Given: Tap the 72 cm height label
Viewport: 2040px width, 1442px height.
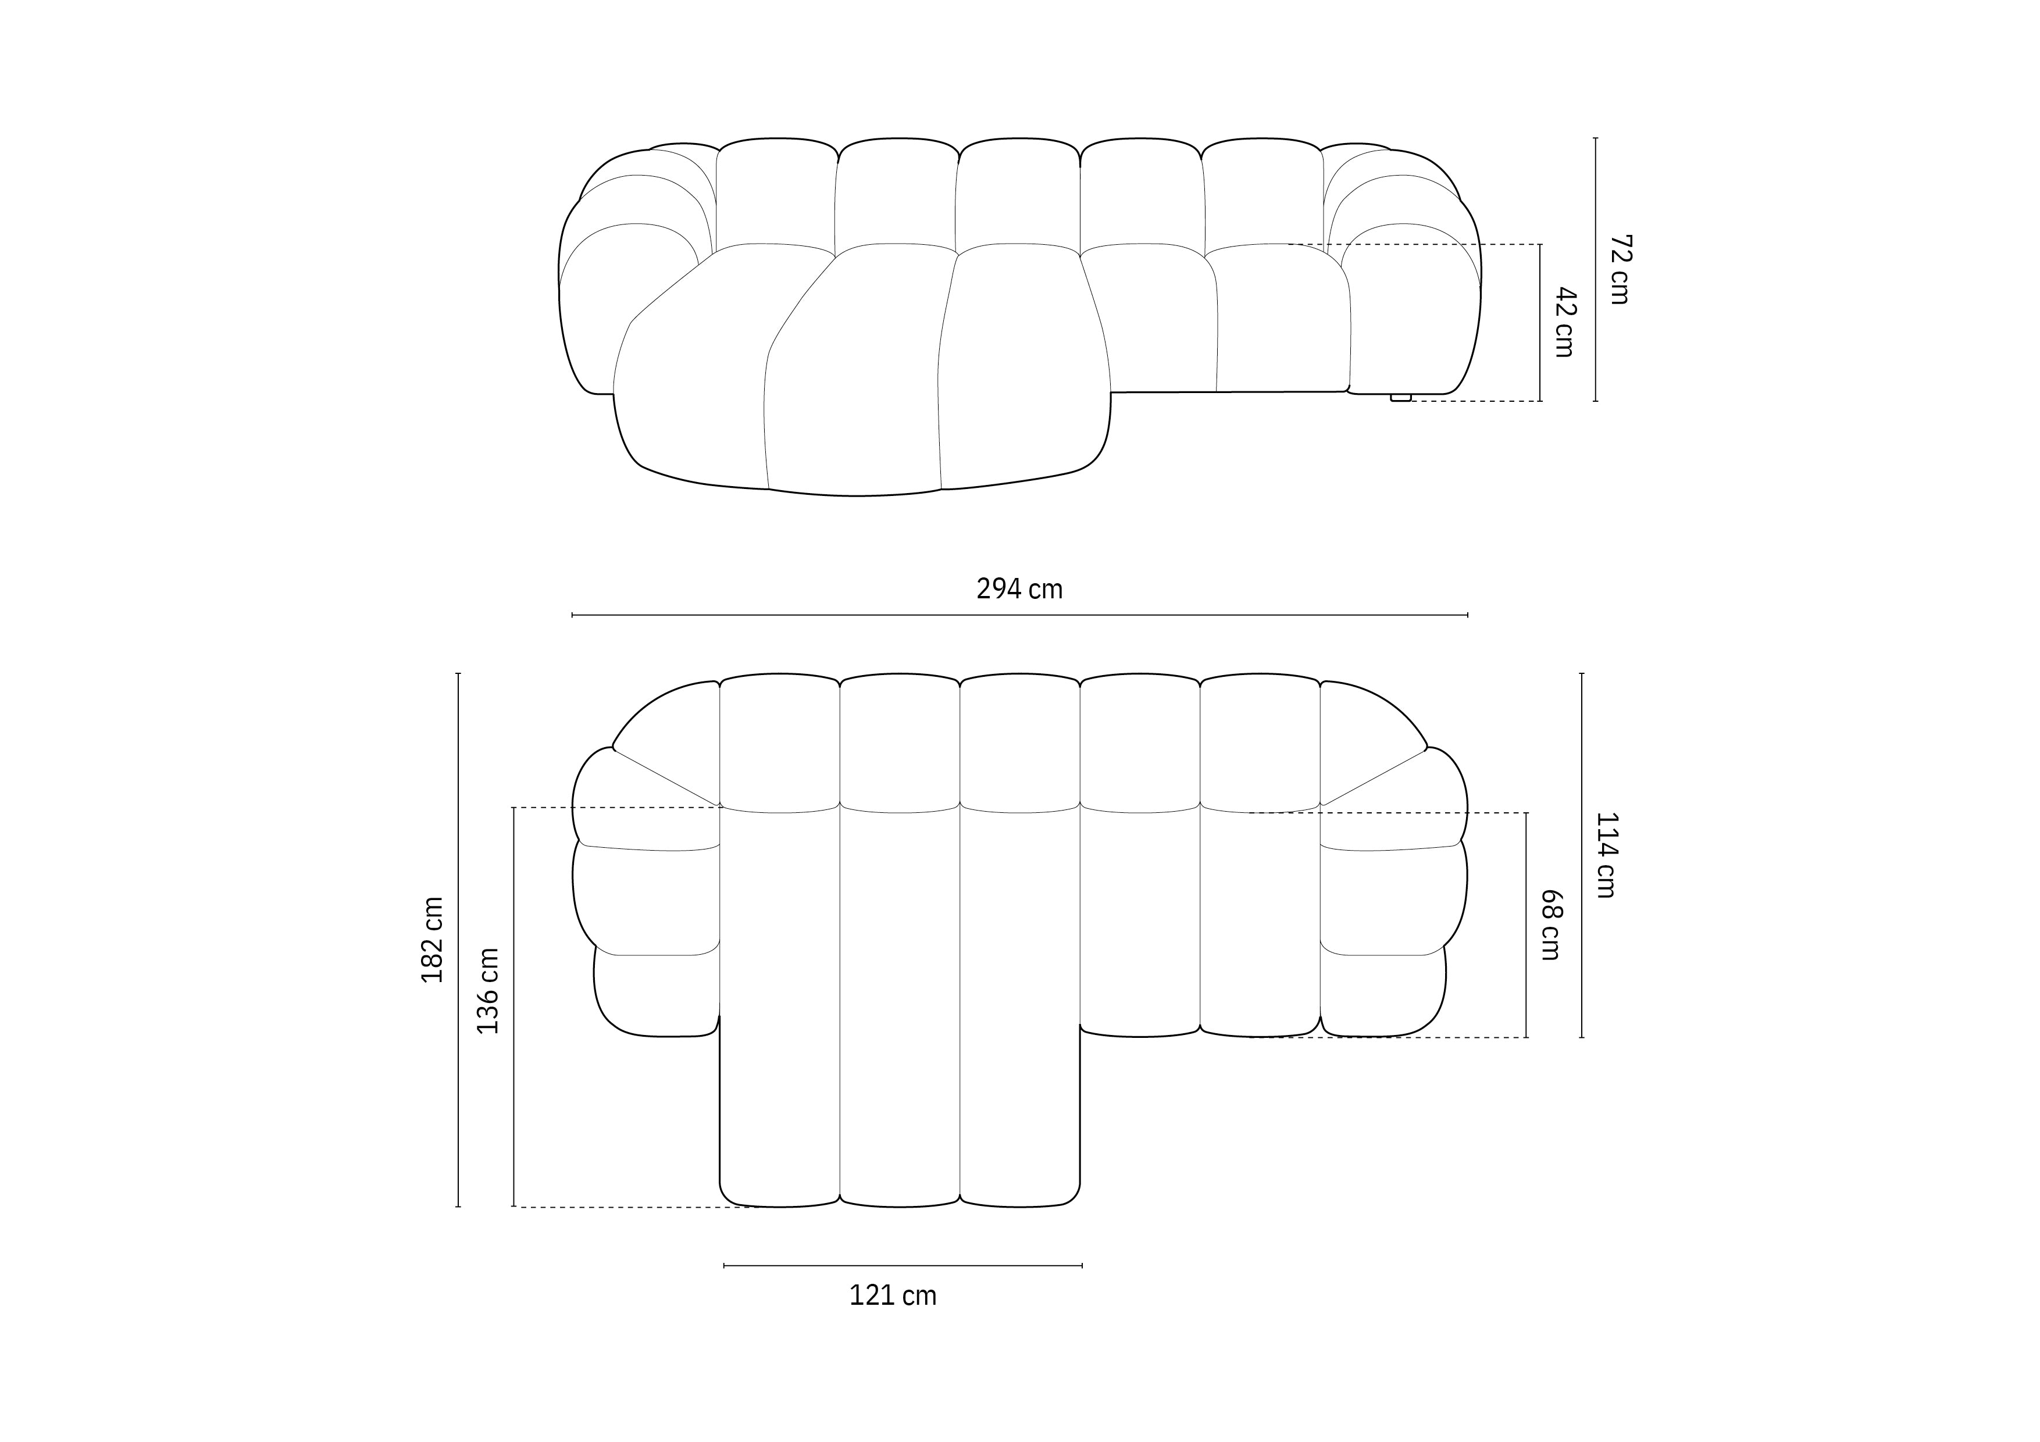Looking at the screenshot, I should (x=1620, y=270).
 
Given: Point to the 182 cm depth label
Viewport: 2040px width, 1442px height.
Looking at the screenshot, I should (x=433, y=940).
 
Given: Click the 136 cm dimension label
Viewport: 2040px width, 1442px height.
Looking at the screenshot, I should (x=488, y=991).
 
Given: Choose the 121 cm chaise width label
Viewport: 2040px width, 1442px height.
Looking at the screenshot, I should (x=893, y=1296).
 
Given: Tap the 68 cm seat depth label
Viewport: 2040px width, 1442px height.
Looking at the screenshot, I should (x=1550, y=925).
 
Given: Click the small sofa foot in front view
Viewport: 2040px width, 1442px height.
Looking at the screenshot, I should (x=1400, y=397).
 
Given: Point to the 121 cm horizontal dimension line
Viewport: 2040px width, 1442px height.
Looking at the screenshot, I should (x=903, y=1265).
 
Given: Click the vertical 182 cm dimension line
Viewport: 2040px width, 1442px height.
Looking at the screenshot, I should (x=458, y=940).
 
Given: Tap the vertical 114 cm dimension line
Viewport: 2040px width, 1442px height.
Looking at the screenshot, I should (x=1582, y=855).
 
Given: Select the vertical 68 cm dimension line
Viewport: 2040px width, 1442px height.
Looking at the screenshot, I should (x=1527, y=925).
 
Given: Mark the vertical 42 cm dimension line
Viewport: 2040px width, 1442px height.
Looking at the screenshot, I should (x=1540, y=323).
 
